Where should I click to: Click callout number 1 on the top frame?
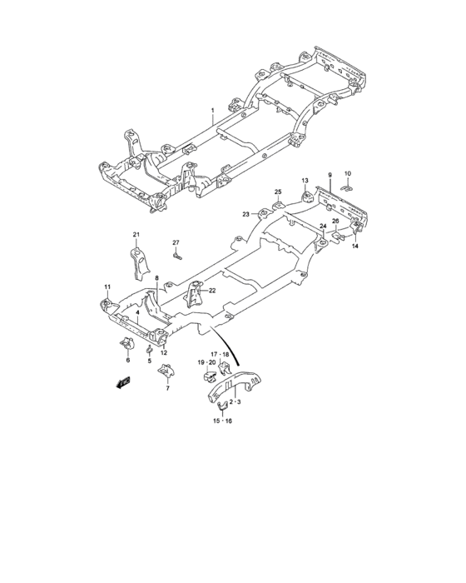click(x=212, y=111)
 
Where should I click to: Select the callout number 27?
click(x=176, y=242)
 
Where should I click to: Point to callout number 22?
click(x=212, y=291)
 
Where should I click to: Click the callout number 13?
click(x=305, y=181)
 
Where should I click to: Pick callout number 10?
click(x=349, y=173)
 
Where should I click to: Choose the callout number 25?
click(x=279, y=192)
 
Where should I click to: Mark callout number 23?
click(x=246, y=214)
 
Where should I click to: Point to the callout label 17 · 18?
click(x=231, y=354)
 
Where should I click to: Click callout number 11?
click(x=107, y=287)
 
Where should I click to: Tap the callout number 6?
click(x=128, y=361)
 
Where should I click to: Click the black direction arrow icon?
click(x=124, y=382)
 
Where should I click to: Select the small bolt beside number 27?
click(x=178, y=257)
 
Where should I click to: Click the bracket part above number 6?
click(x=128, y=343)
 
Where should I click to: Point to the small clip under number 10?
click(x=349, y=186)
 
